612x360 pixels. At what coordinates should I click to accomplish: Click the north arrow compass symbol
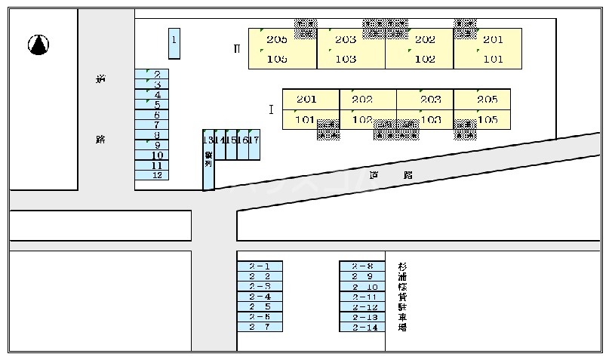(38, 45)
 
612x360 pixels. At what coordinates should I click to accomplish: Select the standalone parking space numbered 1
(174, 43)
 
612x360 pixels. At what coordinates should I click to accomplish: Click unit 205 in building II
(277, 40)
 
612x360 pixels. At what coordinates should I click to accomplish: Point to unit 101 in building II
(493, 59)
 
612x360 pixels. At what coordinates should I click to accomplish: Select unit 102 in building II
(425, 59)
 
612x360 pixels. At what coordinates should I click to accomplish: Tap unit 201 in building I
(306, 100)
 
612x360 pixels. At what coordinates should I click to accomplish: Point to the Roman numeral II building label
(237, 49)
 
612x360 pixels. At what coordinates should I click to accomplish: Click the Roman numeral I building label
(270, 109)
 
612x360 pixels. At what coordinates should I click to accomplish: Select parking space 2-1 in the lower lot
(260, 266)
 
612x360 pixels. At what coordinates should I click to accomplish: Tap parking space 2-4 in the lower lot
(260, 297)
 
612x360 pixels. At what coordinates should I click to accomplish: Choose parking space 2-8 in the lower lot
(363, 266)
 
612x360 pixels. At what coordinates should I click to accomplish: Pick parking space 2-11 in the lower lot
(363, 297)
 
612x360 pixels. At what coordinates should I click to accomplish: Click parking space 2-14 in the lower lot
(363, 328)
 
